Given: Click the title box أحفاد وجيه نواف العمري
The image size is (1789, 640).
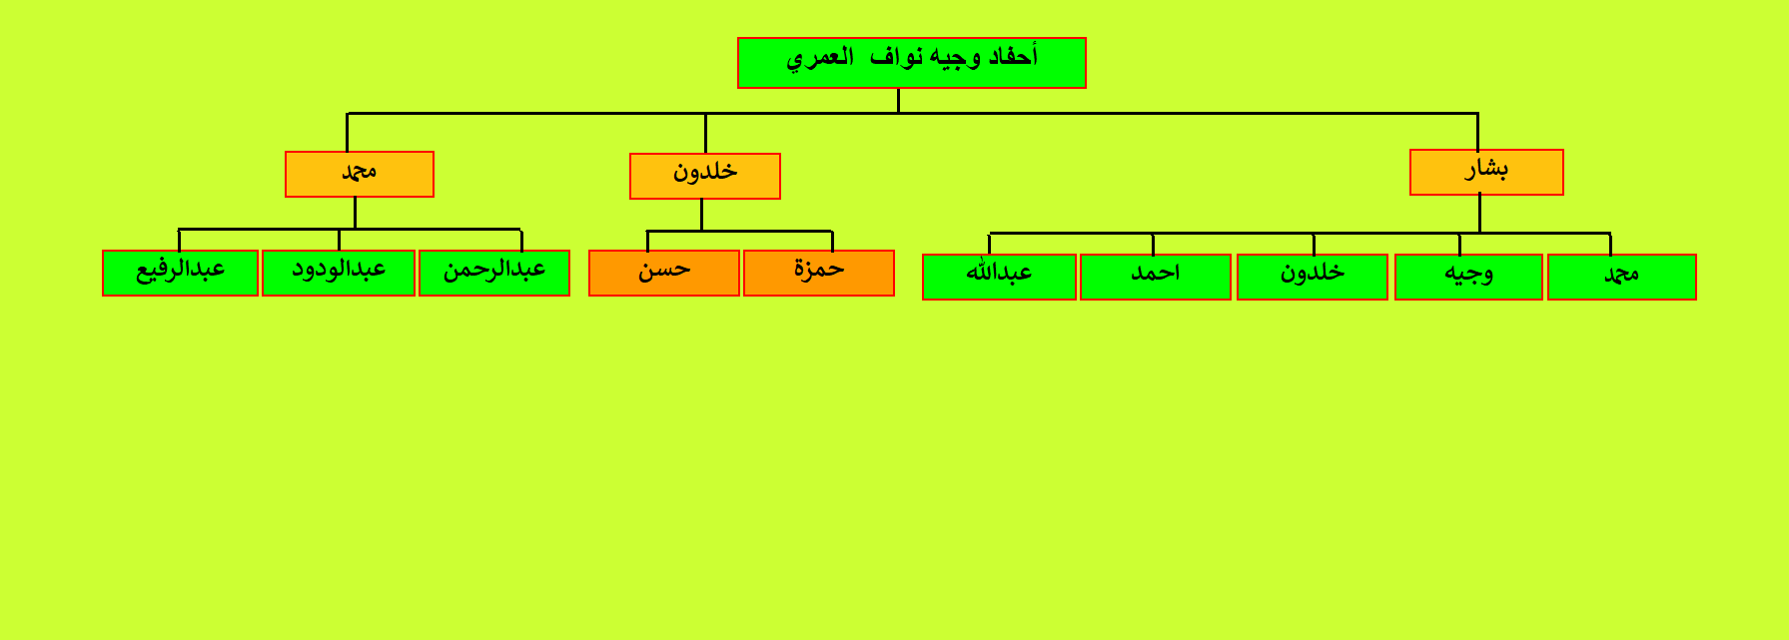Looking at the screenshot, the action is coord(911,63).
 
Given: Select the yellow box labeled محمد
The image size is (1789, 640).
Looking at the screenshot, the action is coord(360,174).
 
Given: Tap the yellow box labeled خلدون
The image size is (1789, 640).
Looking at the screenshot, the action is coord(705,176).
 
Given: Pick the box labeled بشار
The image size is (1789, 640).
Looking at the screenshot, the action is coord(1486,172).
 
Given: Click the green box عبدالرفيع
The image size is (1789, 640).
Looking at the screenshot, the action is coord(180,273).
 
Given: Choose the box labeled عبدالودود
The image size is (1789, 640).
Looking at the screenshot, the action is coord(339,273).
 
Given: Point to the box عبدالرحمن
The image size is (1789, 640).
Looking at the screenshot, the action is coord(494,273).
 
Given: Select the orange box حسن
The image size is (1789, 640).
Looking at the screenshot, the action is coord(664,273).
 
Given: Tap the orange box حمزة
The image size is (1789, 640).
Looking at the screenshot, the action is coord(819,273).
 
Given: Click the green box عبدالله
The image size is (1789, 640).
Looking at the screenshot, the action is coord(999,277).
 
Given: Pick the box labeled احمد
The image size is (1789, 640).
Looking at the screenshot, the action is coord(1156,277).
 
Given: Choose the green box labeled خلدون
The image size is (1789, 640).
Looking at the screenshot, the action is coord(1313,277).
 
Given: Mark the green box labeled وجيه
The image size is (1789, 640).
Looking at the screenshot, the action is coord(1468,277).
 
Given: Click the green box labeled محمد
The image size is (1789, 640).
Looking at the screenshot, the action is coord(1622,277).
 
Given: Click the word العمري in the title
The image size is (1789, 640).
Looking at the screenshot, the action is coord(820,58).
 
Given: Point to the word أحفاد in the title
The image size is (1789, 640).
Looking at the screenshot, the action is coord(1013,57).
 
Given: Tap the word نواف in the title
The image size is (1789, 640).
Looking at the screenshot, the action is coord(896,57).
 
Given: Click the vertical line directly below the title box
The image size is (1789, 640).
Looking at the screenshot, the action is coord(898,101).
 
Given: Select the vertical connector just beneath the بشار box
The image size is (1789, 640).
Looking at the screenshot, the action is coord(1479,214).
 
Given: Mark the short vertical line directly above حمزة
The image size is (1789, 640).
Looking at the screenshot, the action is coord(832,241).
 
